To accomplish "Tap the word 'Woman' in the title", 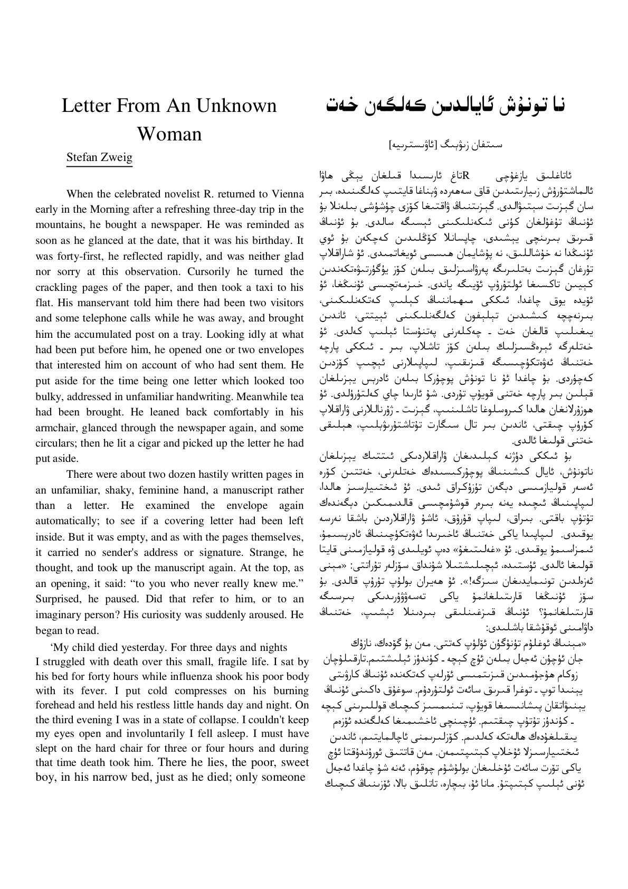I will [x=169, y=134].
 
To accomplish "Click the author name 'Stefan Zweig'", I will [x=99, y=157].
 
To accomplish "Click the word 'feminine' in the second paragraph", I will [x=170, y=490].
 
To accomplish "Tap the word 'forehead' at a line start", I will [x=55, y=704].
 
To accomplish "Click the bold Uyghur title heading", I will [x=445, y=104].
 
